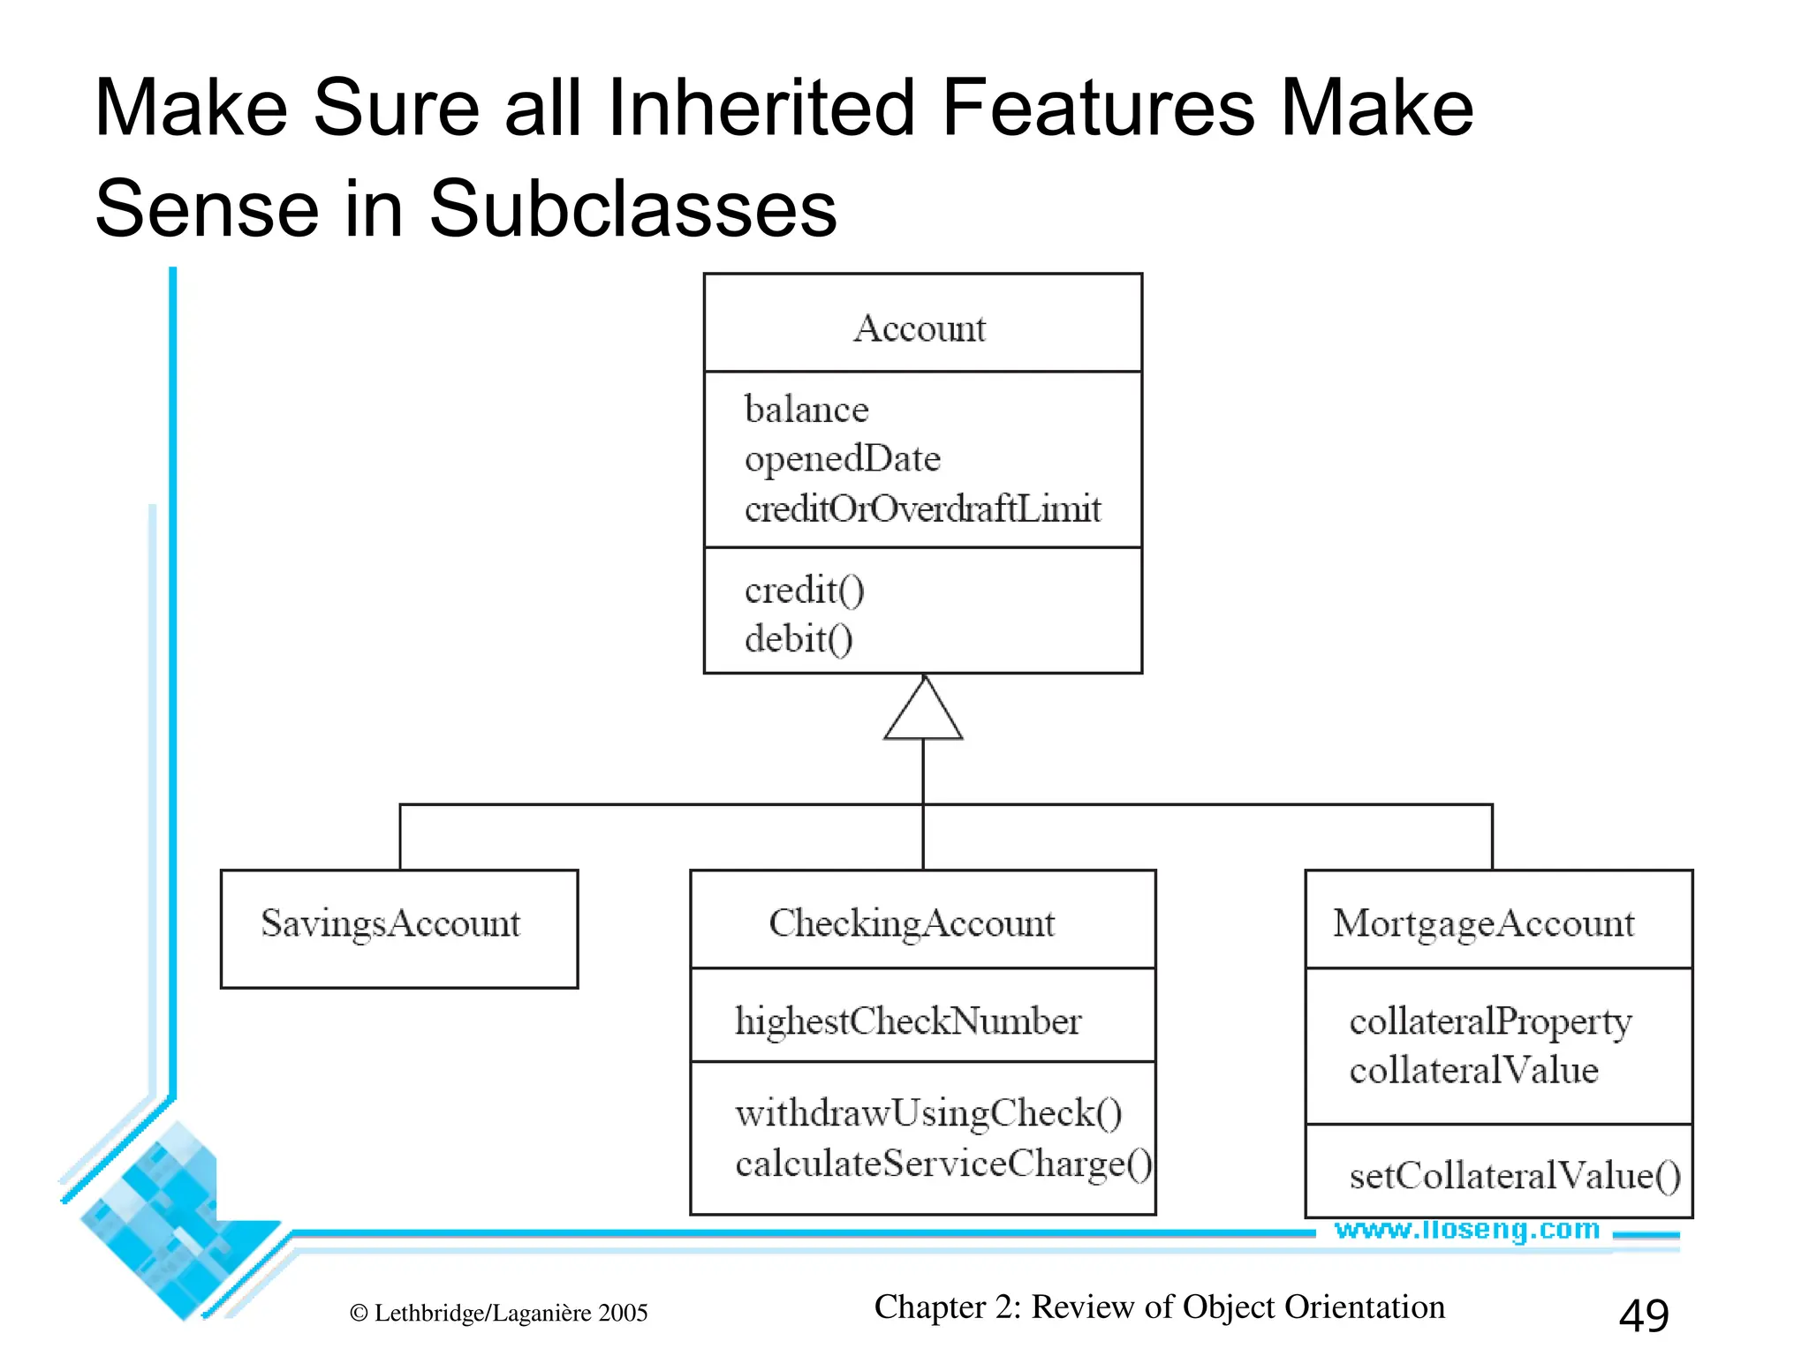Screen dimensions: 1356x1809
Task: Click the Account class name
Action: [920, 328]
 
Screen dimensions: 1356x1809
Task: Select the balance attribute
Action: [806, 410]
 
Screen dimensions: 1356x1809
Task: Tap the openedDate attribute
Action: [843, 459]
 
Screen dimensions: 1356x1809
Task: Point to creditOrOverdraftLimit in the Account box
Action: [922, 508]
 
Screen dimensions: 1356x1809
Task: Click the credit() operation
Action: [804, 590]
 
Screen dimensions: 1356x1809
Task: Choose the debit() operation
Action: [799, 639]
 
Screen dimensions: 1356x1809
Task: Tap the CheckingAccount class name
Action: [912, 923]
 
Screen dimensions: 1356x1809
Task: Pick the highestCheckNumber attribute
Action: [908, 1021]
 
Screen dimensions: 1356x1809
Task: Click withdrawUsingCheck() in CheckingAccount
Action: [928, 1113]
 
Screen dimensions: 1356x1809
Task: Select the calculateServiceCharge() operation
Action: [943, 1164]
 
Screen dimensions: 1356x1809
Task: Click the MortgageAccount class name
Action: [1484, 923]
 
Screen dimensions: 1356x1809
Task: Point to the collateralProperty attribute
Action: [1490, 1022]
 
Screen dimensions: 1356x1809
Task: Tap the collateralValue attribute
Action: [1473, 1071]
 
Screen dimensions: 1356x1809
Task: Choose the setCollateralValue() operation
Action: [1515, 1176]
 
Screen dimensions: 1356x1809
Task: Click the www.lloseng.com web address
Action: [1467, 1229]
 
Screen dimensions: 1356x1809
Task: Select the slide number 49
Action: [1644, 1315]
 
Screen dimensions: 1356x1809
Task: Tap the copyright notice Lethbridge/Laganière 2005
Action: [499, 1313]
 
